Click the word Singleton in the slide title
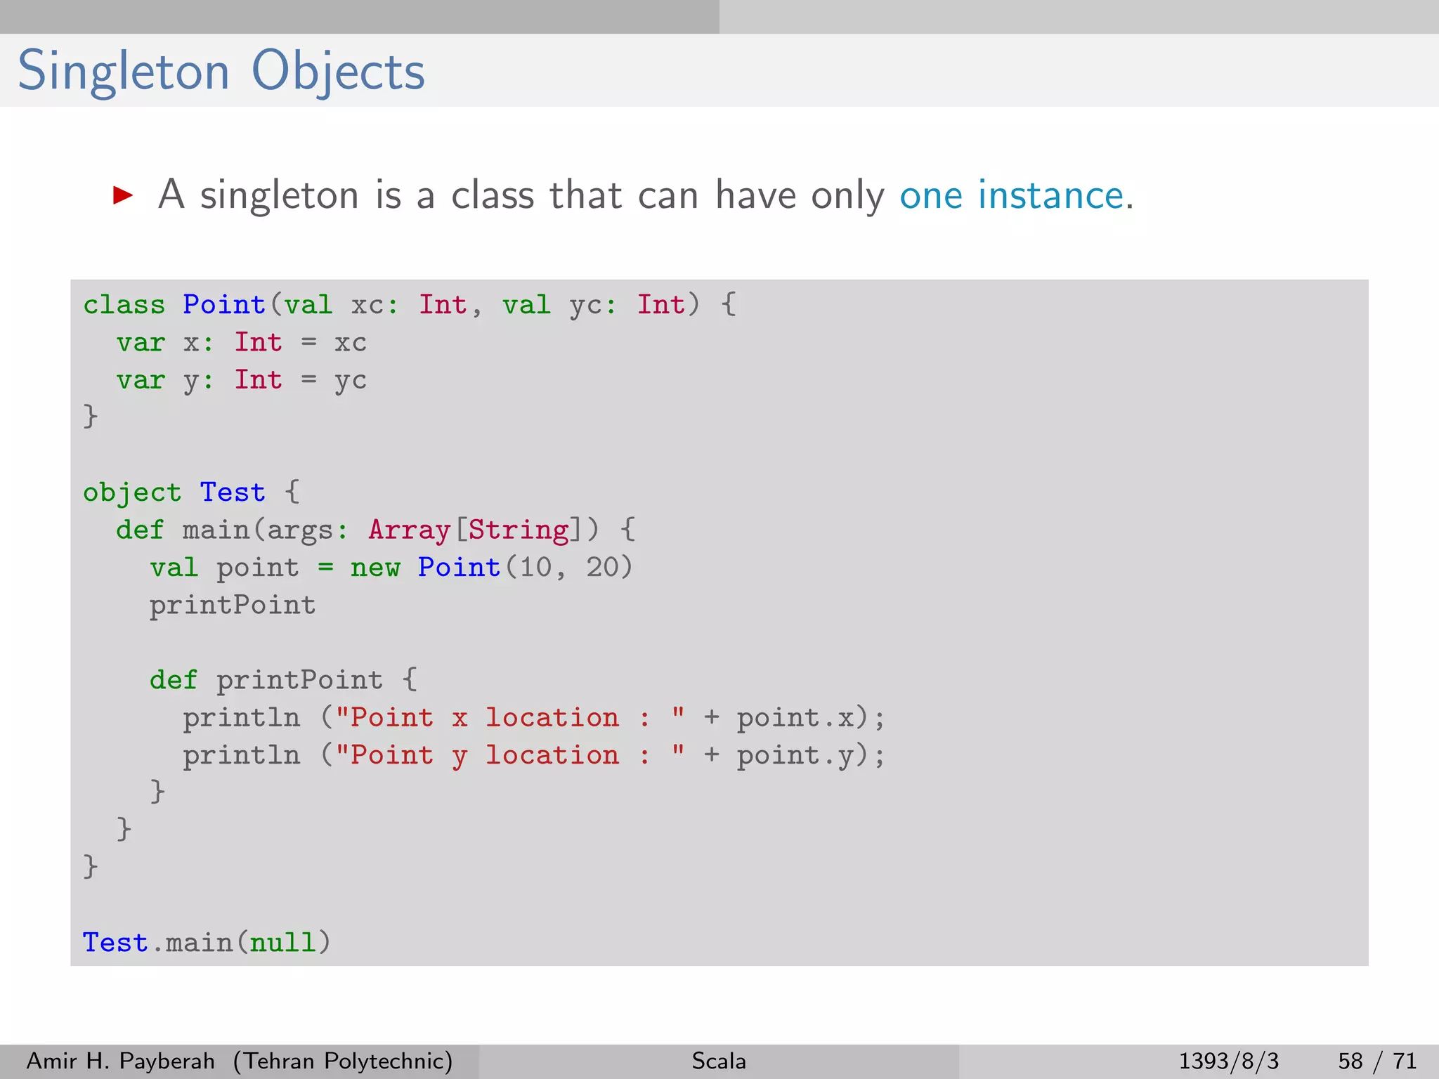pyautogui.click(x=124, y=72)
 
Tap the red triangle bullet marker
pyautogui.click(x=123, y=195)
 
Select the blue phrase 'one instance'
pyautogui.click(x=1011, y=195)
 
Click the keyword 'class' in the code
pyautogui.click(x=124, y=305)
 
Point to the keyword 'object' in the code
pyautogui.click(x=132, y=492)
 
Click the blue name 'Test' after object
pyautogui.click(x=233, y=492)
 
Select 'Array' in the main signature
pyautogui.click(x=409, y=530)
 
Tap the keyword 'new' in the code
pyautogui.click(x=375, y=568)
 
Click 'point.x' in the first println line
pyautogui.click(x=795, y=718)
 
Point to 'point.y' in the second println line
pyautogui.click(x=795, y=756)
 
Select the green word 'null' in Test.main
pyautogui.click(x=282, y=943)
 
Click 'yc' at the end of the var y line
pyautogui.click(x=350, y=381)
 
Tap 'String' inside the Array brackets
pyautogui.click(x=519, y=530)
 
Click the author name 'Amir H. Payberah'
pyautogui.click(x=120, y=1061)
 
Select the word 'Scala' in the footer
pyautogui.click(x=719, y=1061)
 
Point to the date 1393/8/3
pyautogui.click(x=1228, y=1061)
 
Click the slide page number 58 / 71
pyautogui.click(x=1377, y=1061)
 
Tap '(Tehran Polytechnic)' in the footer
pyautogui.click(x=343, y=1061)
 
